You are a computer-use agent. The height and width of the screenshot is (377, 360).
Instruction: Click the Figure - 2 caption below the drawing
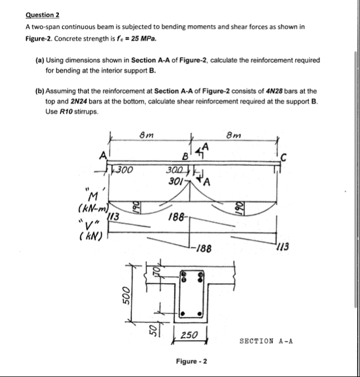(x=191, y=362)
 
